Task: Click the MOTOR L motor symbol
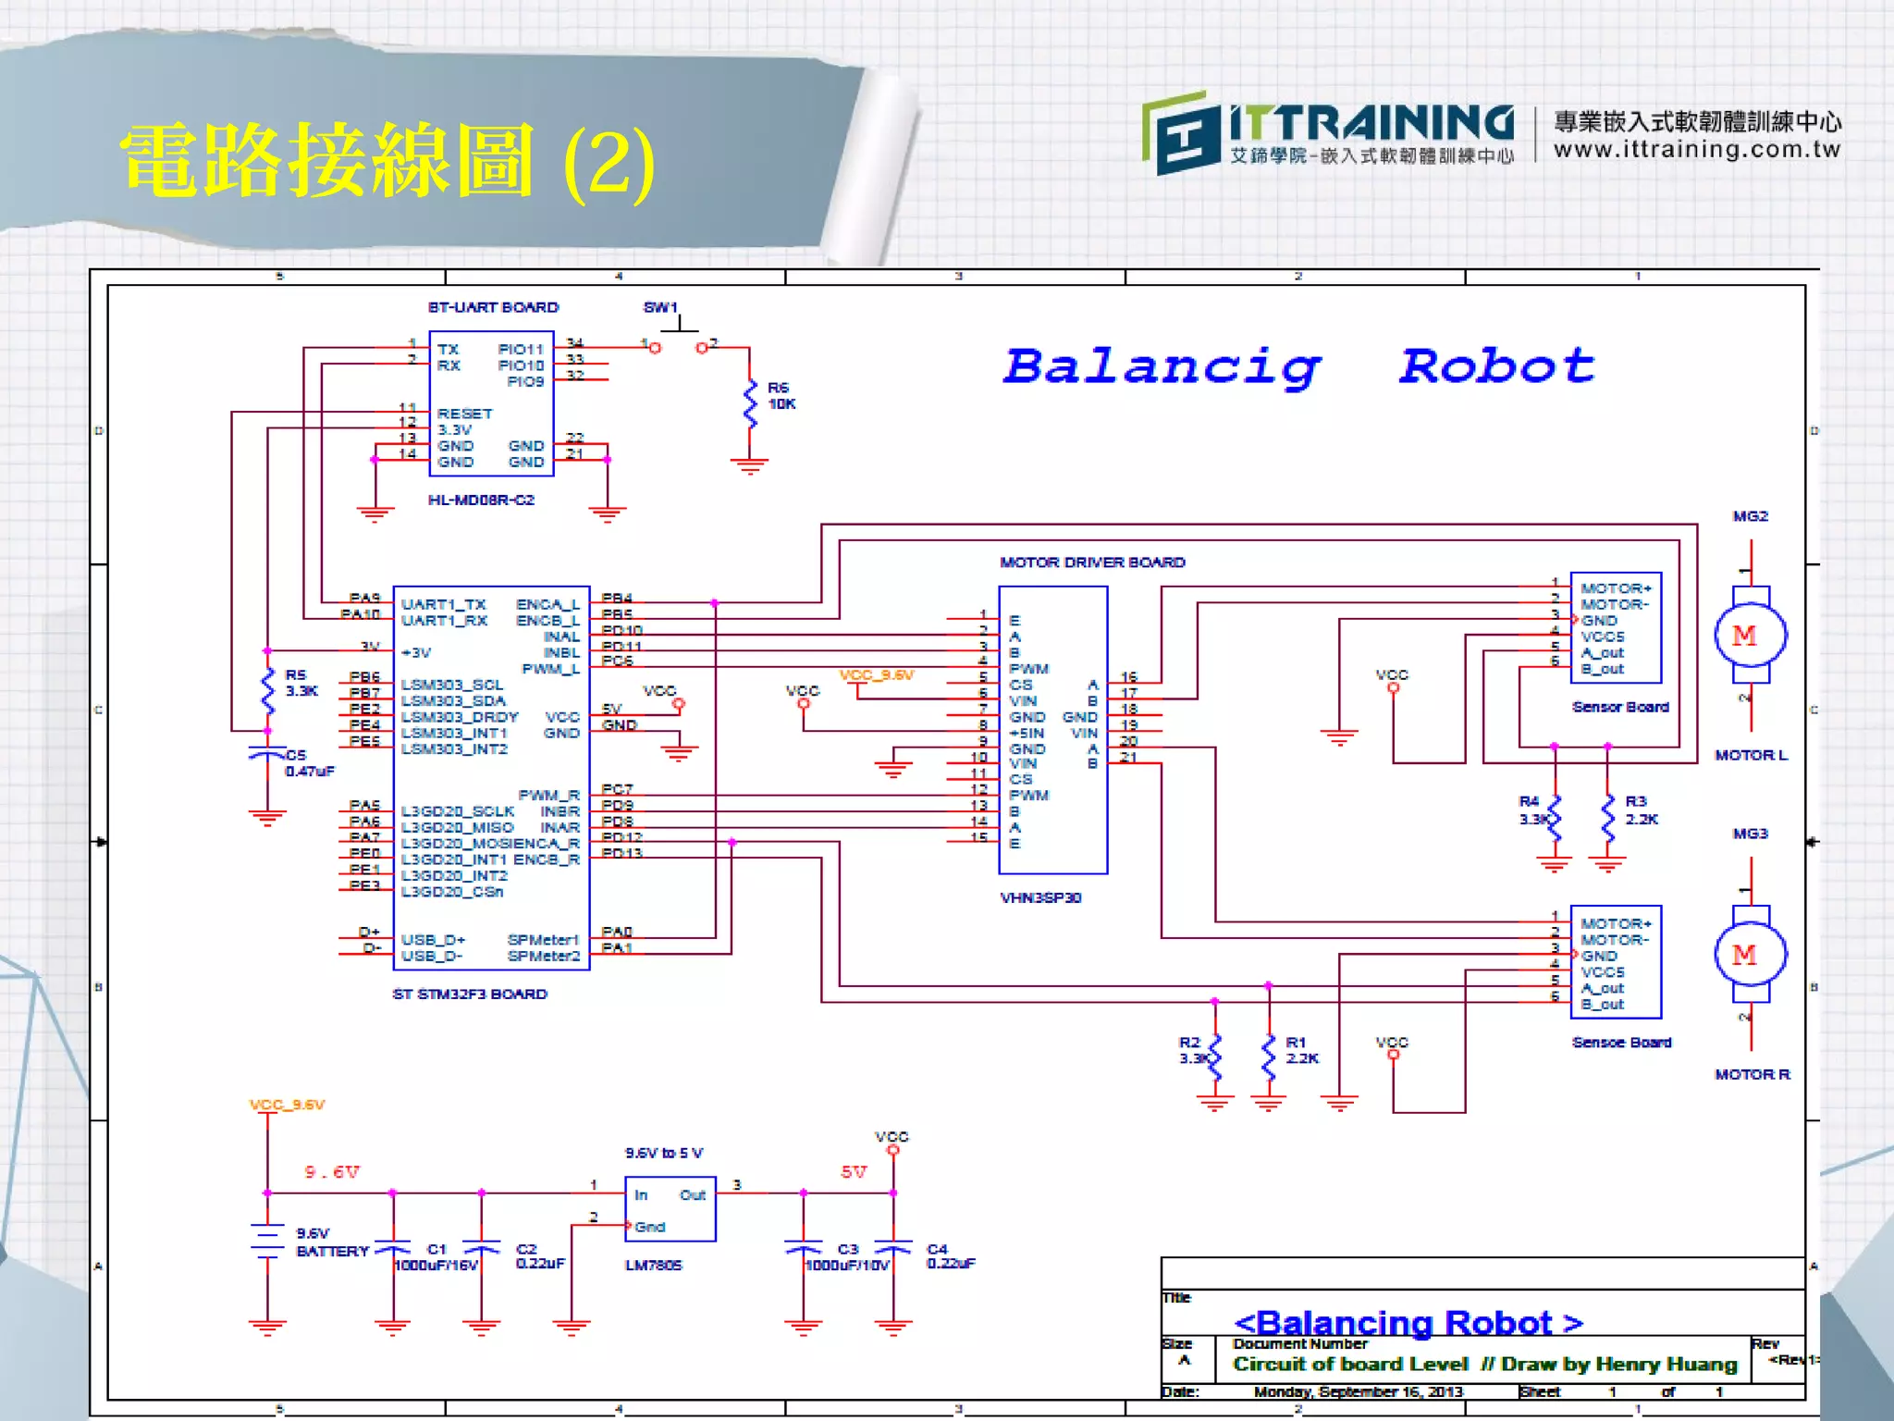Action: (x=1750, y=636)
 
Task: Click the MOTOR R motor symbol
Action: (x=1750, y=954)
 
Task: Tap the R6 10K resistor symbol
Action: (x=750, y=404)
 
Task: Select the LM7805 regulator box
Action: (x=670, y=1208)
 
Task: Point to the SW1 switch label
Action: (x=660, y=307)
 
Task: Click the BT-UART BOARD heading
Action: (x=493, y=307)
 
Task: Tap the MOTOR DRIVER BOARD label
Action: (x=1091, y=562)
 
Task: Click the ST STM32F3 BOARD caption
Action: (x=470, y=994)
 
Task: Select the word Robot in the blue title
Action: (x=1496, y=366)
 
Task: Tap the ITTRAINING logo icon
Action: (x=1176, y=133)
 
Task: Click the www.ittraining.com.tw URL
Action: (x=1696, y=150)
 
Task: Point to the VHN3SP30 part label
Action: (x=1040, y=897)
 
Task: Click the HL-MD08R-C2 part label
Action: (x=481, y=500)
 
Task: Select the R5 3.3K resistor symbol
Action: (x=268, y=689)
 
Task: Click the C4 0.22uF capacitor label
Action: (x=950, y=1256)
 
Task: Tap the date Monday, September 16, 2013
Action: (x=1358, y=1391)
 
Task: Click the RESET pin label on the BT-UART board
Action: (x=464, y=414)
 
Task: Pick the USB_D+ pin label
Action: (x=433, y=940)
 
